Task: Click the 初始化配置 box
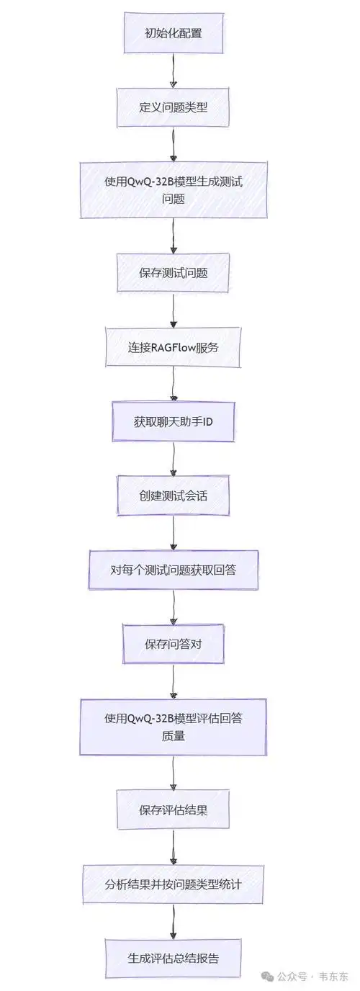point(173,33)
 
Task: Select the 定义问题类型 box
point(173,107)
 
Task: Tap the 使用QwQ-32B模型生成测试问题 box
point(173,189)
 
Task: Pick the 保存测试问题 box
point(173,272)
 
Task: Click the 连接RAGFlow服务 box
point(173,347)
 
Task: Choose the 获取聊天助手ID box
point(173,421)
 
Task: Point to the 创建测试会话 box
point(173,495)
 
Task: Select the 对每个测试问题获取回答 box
point(173,570)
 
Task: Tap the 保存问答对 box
point(173,644)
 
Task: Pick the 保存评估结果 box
point(173,810)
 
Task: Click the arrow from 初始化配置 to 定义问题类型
point(173,70)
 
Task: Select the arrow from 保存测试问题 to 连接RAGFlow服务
point(173,310)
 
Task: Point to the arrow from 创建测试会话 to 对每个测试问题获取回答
point(173,532)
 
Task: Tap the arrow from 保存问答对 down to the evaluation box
point(173,681)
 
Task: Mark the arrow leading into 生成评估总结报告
point(173,921)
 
